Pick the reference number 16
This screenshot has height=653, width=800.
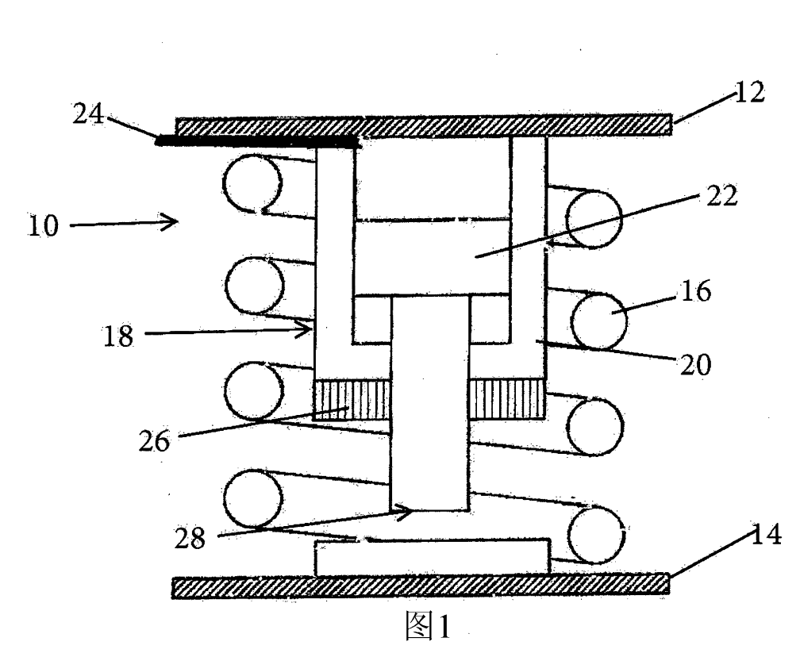pyautogui.click(x=696, y=294)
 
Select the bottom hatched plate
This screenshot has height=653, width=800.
pyautogui.click(x=421, y=586)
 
